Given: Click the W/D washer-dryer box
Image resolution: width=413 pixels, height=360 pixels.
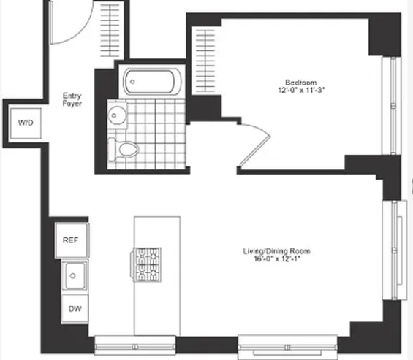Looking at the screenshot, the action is (26, 123).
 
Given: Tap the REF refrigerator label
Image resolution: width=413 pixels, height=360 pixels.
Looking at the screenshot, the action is (70, 240).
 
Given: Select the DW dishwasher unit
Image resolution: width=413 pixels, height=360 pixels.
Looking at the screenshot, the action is (75, 309).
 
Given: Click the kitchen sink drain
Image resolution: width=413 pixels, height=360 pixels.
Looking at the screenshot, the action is (72, 276).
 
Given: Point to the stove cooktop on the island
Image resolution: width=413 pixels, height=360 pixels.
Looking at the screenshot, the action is (146, 264).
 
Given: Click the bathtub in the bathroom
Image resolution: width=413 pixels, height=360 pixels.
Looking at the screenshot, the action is (152, 82).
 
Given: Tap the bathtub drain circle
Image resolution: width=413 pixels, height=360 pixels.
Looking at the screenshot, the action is (132, 82).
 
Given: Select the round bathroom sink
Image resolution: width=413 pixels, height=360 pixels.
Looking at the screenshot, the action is (117, 115).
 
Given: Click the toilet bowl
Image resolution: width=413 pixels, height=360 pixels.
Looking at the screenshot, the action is (129, 150).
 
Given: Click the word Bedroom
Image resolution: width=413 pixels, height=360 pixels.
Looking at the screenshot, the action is (301, 83).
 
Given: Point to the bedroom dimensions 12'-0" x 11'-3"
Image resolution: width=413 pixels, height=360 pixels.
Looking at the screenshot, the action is (301, 91).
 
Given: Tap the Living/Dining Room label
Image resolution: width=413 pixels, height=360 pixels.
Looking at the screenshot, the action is (276, 251).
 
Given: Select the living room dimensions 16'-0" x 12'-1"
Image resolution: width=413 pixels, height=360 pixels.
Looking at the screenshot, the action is (277, 259).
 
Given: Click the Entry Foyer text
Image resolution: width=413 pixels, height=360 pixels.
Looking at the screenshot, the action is (72, 99).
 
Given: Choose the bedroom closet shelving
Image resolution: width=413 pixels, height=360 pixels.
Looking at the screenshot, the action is (205, 61).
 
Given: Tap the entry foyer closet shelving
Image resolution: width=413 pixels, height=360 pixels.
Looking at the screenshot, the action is (110, 30).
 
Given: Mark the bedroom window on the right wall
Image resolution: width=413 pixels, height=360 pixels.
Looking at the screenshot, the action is (391, 106).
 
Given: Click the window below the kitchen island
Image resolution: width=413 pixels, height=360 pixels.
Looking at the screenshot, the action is (134, 346).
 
